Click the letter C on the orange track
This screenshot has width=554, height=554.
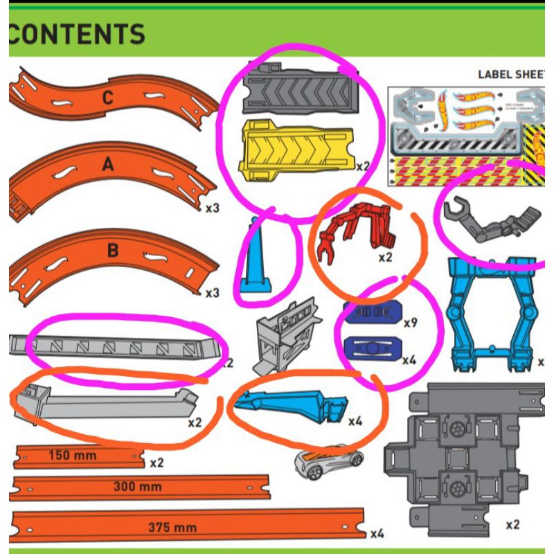coord(107,98)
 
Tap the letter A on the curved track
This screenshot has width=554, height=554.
coord(107,164)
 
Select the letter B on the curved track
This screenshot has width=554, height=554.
coord(113,250)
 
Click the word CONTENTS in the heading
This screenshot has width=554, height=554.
coord(78,34)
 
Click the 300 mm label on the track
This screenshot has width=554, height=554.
coord(138,487)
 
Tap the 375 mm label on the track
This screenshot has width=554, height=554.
coord(172,528)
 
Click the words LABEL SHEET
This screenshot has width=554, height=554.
coord(512,74)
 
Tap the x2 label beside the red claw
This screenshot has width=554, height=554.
coord(386,257)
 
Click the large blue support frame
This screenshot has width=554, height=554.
coord(492,312)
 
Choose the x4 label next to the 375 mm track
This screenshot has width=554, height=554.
coord(377,533)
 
